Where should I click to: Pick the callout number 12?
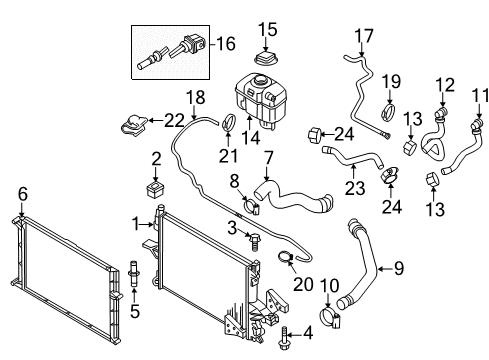coord(445,84)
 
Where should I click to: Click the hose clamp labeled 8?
coord(253,210)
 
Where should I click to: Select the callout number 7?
coord(268,158)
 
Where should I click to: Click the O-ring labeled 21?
coord(228,126)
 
